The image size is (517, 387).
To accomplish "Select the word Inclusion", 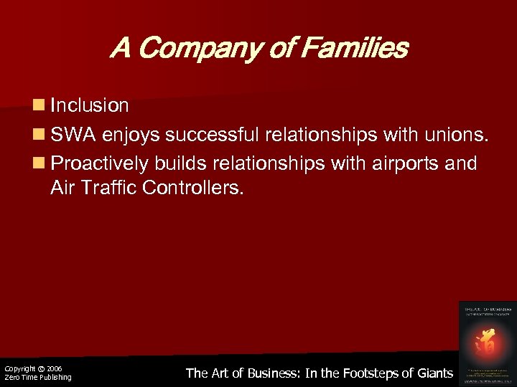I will click(x=90, y=106).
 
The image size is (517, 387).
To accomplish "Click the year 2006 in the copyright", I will click(x=54, y=368).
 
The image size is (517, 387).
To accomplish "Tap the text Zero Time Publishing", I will click(x=38, y=378).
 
